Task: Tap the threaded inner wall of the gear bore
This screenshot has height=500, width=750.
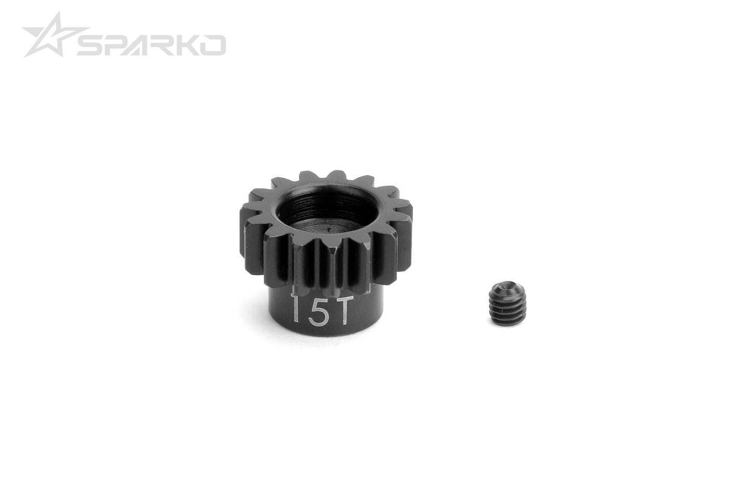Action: [x=306, y=208]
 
